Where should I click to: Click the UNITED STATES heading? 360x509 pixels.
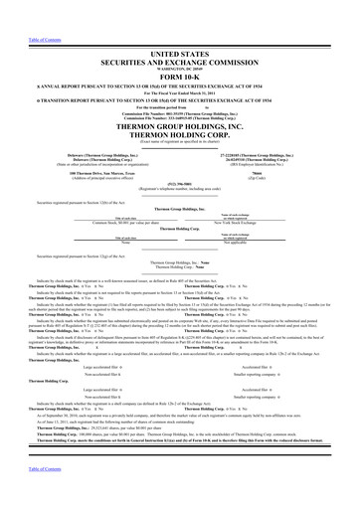pos(180,35)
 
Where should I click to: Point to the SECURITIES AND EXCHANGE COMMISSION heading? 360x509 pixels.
pos(180,44)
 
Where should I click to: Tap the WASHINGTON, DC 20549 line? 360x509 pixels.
pos(180,51)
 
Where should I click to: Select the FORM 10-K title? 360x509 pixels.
pos(180,60)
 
